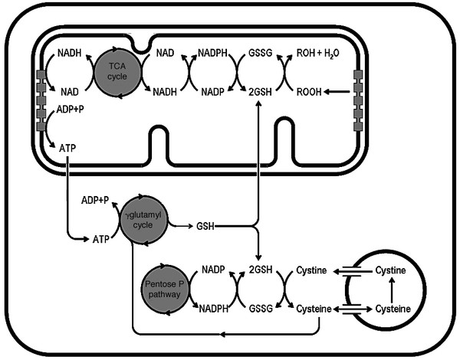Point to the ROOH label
311,90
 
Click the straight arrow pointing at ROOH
338,90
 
